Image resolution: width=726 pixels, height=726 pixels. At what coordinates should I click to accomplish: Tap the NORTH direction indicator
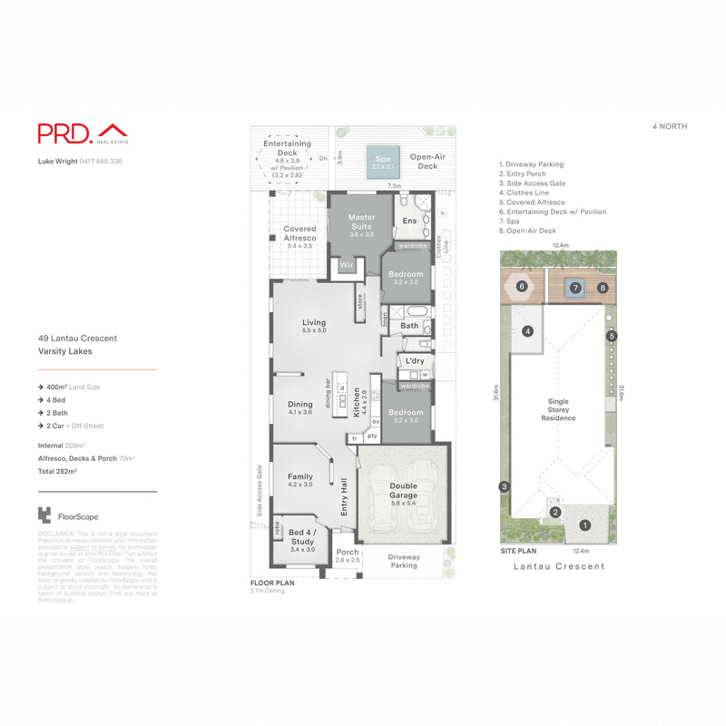tap(669, 126)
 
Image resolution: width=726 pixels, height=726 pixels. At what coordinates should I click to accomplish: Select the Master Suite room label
tap(362, 221)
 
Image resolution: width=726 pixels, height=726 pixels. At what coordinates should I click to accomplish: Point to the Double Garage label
tap(404, 491)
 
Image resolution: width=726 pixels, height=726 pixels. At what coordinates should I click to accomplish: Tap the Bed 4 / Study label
tap(302, 541)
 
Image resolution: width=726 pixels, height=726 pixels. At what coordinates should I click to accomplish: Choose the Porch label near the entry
tap(348, 555)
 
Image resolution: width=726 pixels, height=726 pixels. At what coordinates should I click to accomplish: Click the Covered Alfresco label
tap(299, 234)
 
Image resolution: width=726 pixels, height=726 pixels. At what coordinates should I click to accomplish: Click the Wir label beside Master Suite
tap(345, 265)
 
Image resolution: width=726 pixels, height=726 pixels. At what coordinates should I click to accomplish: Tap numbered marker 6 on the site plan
tap(522, 288)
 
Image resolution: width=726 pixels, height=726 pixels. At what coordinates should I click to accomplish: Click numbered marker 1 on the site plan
tap(585, 525)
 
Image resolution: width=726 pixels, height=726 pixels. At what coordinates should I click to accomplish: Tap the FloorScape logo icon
tap(45, 515)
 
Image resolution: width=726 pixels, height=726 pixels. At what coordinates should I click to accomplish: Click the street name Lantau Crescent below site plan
tap(558, 566)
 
